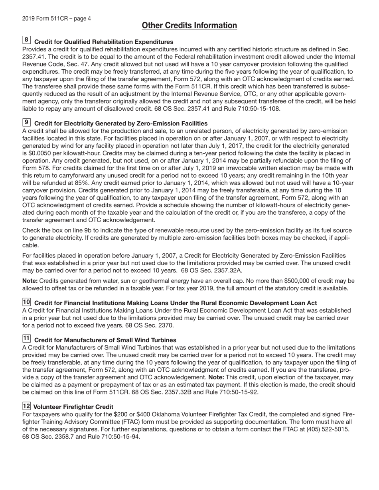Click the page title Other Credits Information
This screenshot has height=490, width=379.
[x=189, y=26]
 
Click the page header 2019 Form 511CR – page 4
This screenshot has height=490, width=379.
[x=56, y=19]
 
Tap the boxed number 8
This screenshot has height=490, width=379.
[x=26, y=40]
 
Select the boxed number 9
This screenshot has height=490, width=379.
[x=26, y=122]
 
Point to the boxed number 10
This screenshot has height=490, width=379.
[x=26, y=302]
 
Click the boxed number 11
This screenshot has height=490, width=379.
[x=26, y=339]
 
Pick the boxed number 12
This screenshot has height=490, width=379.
[x=26, y=406]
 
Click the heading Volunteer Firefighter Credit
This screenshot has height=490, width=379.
[x=73, y=407]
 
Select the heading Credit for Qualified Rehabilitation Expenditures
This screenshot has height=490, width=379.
[x=104, y=42]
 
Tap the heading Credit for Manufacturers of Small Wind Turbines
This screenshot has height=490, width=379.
[x=105, y=340]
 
